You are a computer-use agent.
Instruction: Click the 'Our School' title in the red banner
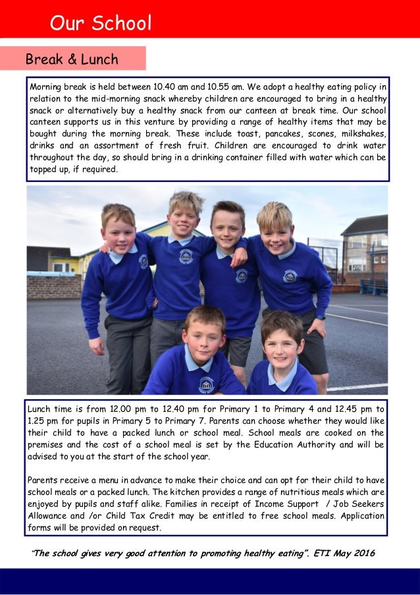click(x=101, y=24)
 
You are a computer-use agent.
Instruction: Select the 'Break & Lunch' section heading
click(x=72, y=59)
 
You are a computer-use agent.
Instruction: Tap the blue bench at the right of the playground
click(x=373, y=287)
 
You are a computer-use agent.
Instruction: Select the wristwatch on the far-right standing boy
click(x=320, y=317)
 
